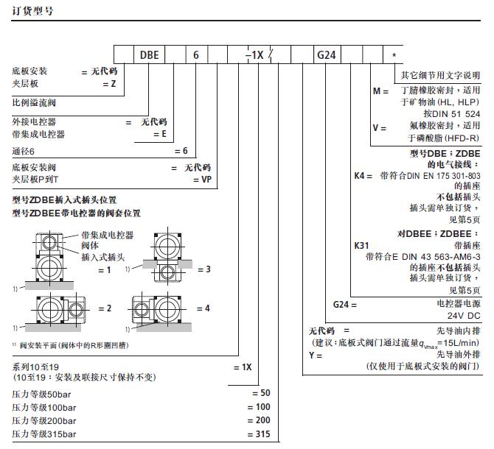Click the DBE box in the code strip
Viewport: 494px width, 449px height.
pos(150,54)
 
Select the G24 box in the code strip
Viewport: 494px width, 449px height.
pos(327,54)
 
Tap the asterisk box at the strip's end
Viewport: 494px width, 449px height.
pos(393,54)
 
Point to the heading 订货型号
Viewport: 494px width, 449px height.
pos(32,11)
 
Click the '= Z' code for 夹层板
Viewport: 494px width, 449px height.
pos(109,84)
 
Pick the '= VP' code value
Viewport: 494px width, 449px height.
pos(202,180)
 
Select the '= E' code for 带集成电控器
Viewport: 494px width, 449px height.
pos(160,134)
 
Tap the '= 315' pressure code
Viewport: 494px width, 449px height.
pos(259,434)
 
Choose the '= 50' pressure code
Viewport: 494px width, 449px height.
pos(261,393)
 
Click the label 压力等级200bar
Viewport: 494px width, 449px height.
pos(44,421)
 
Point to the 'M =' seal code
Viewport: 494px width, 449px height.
pos(380,91)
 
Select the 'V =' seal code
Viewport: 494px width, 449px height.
pos(379,128)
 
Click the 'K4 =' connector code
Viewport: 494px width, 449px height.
pos(363,175)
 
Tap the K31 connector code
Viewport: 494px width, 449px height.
pos(361,246)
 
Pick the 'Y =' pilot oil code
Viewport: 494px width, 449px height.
pos(316,356)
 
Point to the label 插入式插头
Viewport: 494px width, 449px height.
pos(103,257)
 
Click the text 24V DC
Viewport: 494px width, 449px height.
pos(464,316)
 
